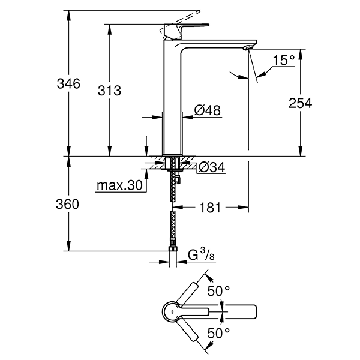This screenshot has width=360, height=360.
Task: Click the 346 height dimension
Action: click(80, 84)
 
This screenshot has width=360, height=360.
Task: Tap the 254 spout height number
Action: click(299, 103)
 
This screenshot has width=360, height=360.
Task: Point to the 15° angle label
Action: click(284, 60)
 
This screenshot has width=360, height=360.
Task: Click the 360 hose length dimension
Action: click(80, 204)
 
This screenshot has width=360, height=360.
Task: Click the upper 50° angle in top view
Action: click(218, 290)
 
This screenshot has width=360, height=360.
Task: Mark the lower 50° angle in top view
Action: click(218, 332)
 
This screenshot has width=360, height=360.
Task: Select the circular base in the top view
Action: click(172, 311)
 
